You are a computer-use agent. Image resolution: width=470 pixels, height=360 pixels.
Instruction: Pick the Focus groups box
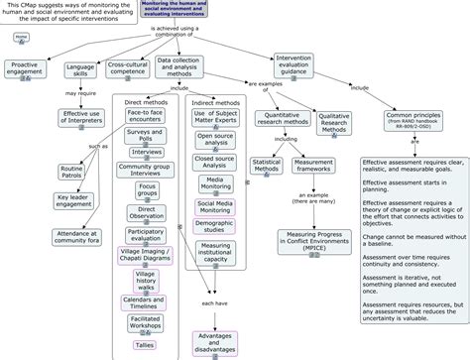pos(146,188)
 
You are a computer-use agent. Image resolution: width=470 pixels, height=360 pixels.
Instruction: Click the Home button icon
pos(21,40)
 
